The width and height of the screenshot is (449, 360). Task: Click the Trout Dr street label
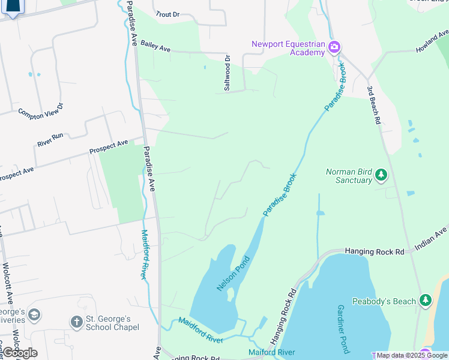coord(167,13)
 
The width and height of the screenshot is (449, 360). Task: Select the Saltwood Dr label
coord(227,73)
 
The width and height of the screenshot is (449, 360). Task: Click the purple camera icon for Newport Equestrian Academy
coord(334,47)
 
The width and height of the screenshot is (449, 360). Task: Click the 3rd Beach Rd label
coord(375,104)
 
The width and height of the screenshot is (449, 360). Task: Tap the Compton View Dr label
coord(40,112)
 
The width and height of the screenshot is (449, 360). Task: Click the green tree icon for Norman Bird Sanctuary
coord(381,175)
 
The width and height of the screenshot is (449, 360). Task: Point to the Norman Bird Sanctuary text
coord(349,176)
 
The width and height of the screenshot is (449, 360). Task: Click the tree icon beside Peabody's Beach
coord(425,300)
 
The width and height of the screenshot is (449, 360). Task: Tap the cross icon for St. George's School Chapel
coord(76,322)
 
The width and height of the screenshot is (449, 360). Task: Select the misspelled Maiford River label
coord(272,352)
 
